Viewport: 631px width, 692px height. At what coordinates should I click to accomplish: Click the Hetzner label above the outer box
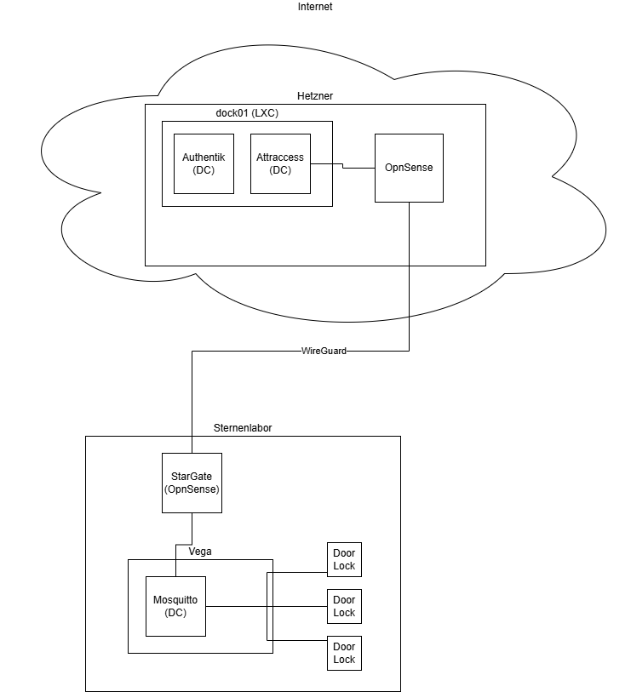pyautogui.click(x=315, y=96)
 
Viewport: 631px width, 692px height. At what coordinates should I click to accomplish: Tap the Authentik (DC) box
pyautogui.click(x=204, y=163)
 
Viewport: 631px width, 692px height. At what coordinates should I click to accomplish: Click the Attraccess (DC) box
pyautogui.click(x=280, y=163)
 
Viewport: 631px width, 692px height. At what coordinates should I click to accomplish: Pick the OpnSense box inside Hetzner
pyautogui.click(x=409, y=168)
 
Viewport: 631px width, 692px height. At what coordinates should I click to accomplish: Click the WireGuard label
pyautogui.click(x=324, y=351)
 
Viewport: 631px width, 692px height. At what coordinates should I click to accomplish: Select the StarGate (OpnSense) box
pyautogui.click(x=192, y=483)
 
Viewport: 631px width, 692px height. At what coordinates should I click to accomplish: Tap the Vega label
pyautogui.click(x=200, y=552)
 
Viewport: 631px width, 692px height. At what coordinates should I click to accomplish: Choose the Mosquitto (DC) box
pyautogui.click(x=175, y=606)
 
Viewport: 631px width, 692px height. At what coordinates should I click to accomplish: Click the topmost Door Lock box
pyautogui.click(x=344, y=559)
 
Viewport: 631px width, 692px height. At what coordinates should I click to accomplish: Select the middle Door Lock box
pyautogui.click(x=344, y=606)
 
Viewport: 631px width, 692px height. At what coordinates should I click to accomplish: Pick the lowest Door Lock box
pyautogui.click(x=344, y=653)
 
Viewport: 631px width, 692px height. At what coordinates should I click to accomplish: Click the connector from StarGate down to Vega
pyautogui.click(x=192, y=528)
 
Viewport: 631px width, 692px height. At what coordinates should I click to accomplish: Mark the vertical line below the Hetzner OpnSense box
pyautogui.click(x=409, y=255)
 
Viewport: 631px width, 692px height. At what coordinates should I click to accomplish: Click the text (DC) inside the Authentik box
pyautogui.click(x=204, y=170)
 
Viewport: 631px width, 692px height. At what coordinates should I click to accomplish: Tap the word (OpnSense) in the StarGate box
pyautogui.click(x=192, y=489)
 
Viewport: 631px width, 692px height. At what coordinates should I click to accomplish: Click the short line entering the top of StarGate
pyautogui.click(x=192, y=444)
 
